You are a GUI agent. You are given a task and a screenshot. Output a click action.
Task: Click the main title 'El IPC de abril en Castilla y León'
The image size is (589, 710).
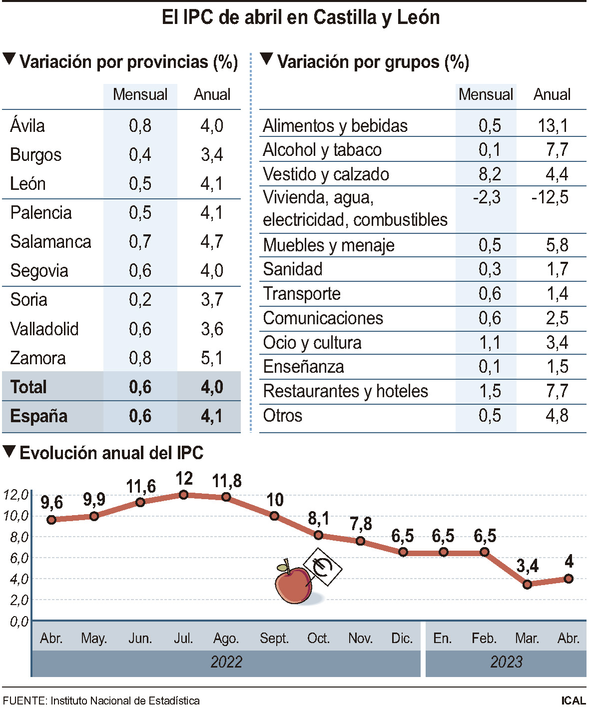(x=300, y=17)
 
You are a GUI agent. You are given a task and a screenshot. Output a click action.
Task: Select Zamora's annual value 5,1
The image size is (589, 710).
(x=212, y=358)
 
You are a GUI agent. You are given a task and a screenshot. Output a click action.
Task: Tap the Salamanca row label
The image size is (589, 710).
(x=50, y=242)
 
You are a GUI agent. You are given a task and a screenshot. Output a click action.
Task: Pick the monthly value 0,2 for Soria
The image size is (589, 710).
(x=140, y=300)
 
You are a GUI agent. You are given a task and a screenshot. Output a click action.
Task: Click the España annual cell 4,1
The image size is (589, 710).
(x=212, y=416)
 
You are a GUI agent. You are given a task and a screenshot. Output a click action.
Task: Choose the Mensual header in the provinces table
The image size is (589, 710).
(x=140, y=94)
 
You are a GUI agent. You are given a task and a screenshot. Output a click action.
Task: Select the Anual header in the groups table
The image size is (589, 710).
(x=552, y=94)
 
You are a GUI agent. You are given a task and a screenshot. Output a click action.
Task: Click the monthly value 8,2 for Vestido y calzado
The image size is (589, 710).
(x=489, y=174)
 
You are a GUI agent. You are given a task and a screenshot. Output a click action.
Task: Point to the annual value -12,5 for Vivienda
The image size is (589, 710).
(x=550, y=197)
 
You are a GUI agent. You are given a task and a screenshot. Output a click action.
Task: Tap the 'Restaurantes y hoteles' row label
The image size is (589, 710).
(x=345, y=391)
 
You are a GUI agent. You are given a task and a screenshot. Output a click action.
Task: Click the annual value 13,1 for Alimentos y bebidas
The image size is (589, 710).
(x=553, y=126)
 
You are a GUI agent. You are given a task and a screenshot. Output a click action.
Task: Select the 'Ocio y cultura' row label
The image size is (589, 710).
(x=312, y=343)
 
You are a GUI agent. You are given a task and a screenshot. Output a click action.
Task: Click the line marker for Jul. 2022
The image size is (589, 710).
(x=183, y=495)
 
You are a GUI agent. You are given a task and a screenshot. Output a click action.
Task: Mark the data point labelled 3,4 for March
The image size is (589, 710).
(x=527, y=584)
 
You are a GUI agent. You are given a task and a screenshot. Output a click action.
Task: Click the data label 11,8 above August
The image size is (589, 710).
(x=226, y=481)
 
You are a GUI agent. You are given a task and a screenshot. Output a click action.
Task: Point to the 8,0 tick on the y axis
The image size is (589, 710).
(x=15, y=537)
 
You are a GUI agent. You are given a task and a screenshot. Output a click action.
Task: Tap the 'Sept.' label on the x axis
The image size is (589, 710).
(x=274, y=639)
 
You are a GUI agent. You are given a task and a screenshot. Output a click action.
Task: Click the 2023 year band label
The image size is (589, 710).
(x=506, y=662)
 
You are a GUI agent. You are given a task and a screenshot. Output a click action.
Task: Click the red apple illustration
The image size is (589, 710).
(x=293, y=584)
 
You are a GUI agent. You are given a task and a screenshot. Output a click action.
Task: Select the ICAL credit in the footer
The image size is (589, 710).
(x=573, y=701)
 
